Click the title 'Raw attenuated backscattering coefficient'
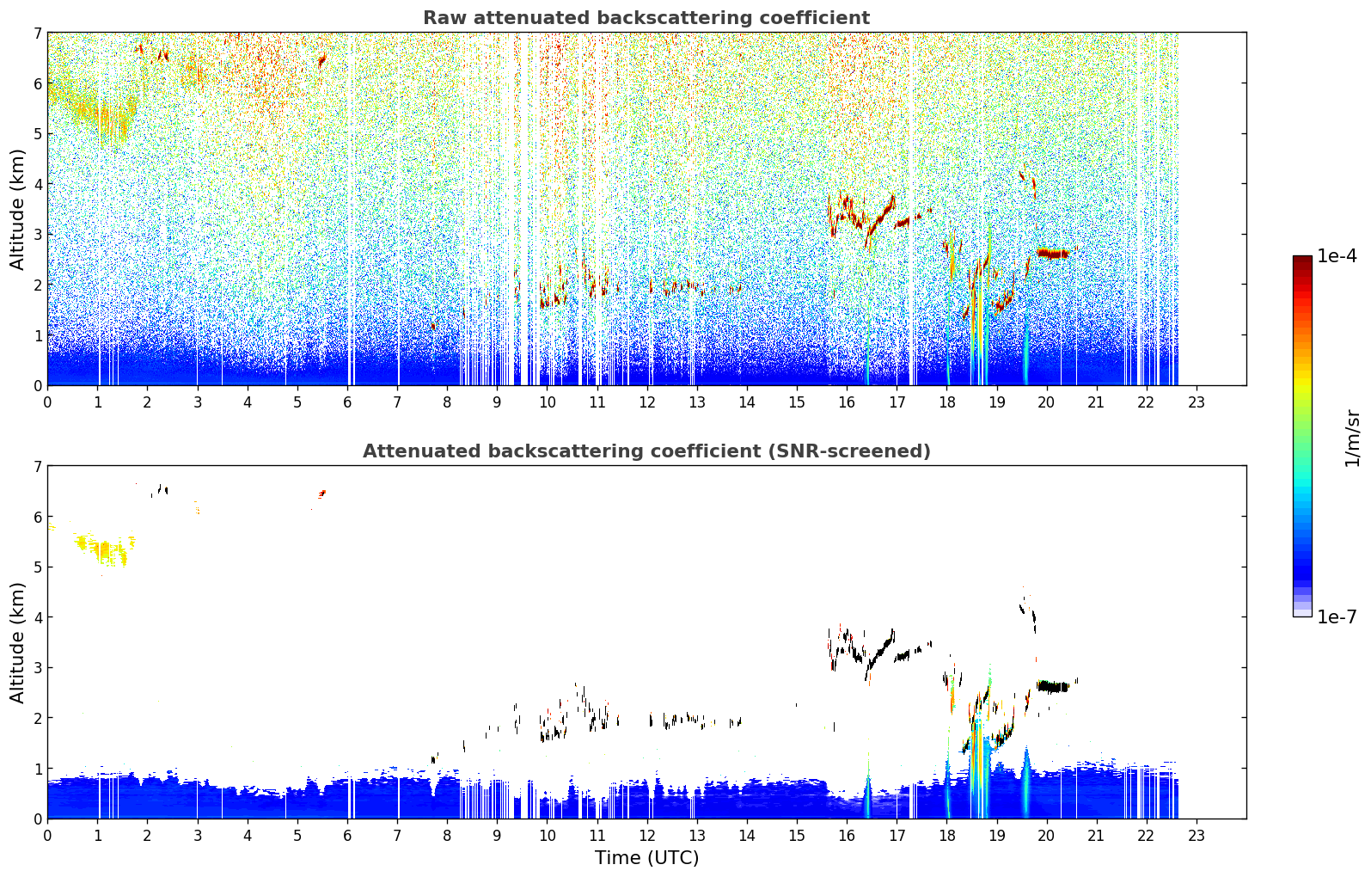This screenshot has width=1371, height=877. click(x=646, y=18)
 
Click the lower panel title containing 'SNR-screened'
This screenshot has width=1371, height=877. click(x=646, y=451)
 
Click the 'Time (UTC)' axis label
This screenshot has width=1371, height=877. click(x=646, y=857)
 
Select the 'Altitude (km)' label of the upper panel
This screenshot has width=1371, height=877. click(x=17, y=210)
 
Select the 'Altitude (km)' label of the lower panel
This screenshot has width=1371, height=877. click(x=17, y=642)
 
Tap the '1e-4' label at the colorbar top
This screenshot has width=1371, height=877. click(x=1337, y=256)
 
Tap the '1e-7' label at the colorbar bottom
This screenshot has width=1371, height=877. click(x=1337, y=616)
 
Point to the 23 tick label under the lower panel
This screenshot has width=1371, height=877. click(x=1196, y=836)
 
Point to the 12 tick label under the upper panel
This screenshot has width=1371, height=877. click(x=647, y=402)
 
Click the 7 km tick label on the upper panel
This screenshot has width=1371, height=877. click(x=37, y=33)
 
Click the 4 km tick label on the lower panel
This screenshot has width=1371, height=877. click(x=37, y=617)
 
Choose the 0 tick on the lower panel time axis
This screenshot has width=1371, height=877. click(x=48, y=836)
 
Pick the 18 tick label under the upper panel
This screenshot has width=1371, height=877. click(x=946, y=402)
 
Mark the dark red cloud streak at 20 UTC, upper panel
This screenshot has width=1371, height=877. click(x=1053, y=253)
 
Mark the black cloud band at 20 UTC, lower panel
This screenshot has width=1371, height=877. click(x=1053, y=686)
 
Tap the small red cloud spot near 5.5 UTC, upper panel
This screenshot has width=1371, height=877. click(x=322, y=60)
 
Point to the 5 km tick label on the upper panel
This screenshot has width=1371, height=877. click(x=37, y=133)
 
